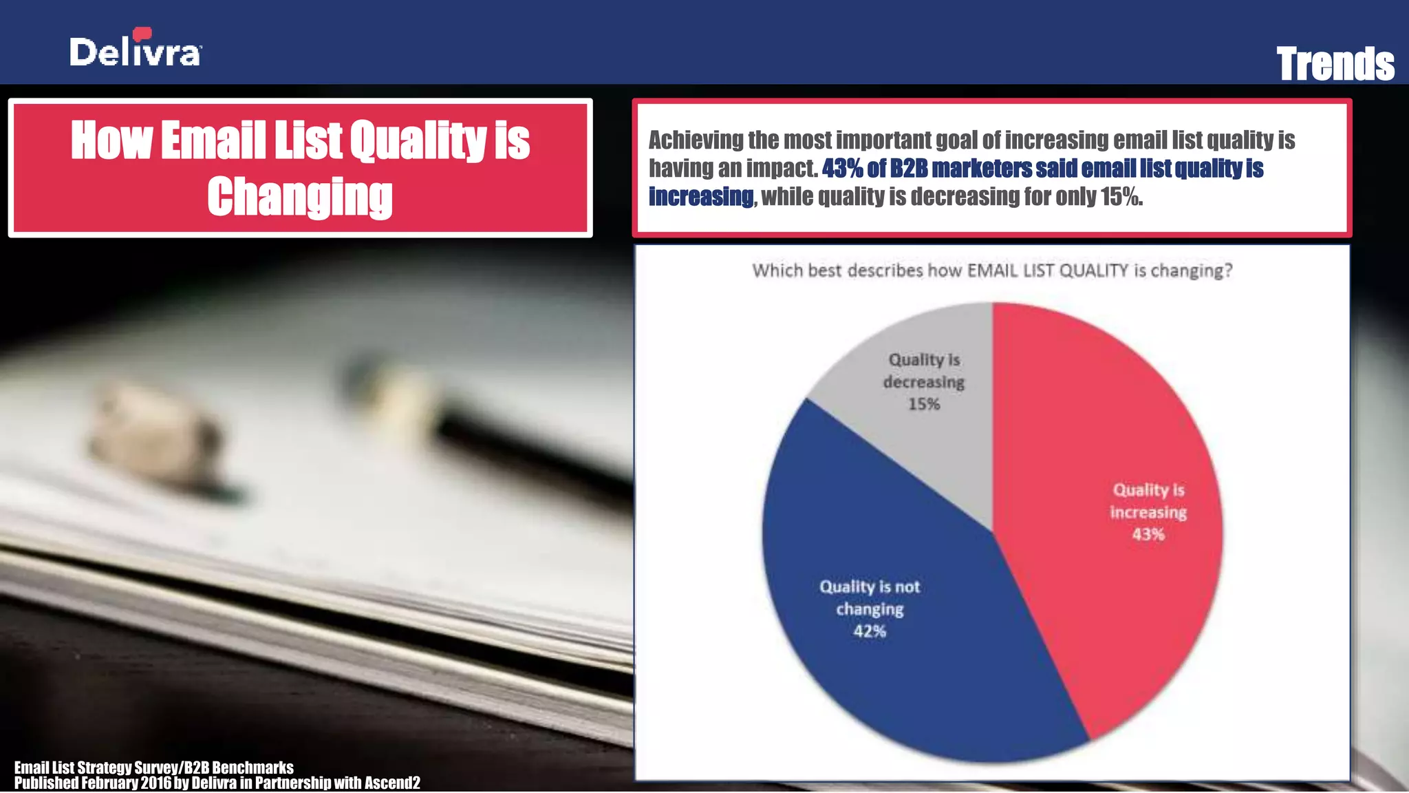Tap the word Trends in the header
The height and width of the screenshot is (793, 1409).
[x=1335, y=64]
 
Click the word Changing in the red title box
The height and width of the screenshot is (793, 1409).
[x=300, y=197]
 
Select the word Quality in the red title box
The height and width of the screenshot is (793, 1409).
[x=419, y=140]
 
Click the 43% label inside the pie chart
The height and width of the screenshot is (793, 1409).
[x=1148, y=535]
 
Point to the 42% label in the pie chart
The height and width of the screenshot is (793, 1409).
[x=870, y=631]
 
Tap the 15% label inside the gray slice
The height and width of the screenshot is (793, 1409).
[x=923, y=404]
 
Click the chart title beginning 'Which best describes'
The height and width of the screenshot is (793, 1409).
[x=991, y=271]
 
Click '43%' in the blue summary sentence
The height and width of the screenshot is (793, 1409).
[x=841, y=169]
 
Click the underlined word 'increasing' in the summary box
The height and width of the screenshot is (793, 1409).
[x=700, y=197]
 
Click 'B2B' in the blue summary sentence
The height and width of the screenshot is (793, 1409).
[x=908, y=169]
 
